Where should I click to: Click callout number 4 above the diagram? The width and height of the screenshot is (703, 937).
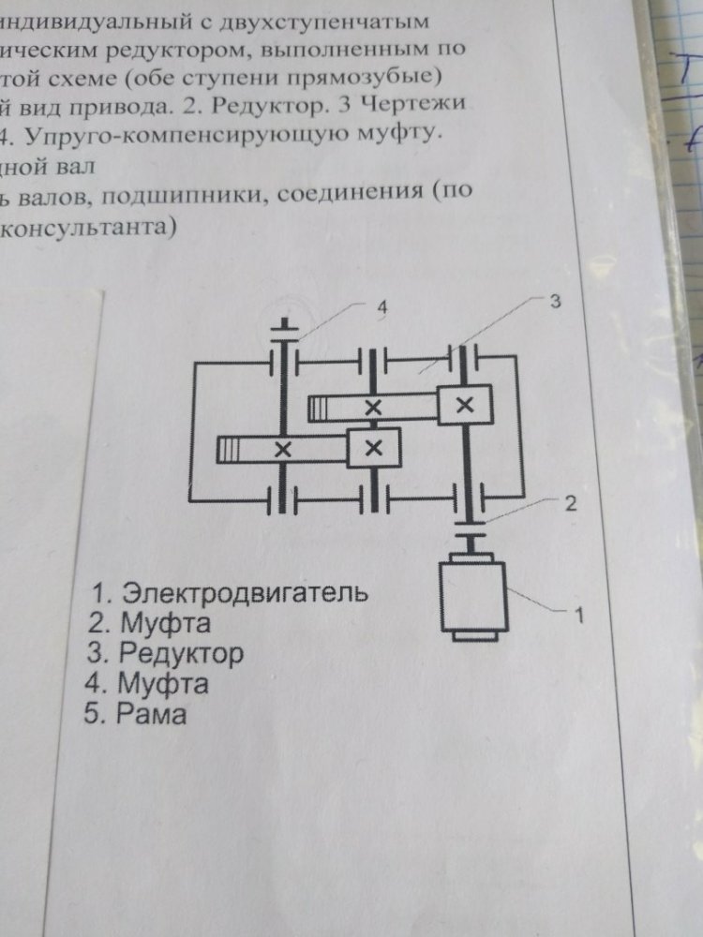click(381, 306)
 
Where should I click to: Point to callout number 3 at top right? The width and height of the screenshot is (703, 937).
click(555, 302)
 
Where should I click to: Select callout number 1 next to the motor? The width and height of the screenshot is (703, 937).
click(578, 616)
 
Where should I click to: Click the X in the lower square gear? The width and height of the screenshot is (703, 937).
click(374, 447)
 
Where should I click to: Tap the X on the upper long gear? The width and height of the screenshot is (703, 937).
click(373, 407)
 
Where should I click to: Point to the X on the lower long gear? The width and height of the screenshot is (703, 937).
click(281, 449)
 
